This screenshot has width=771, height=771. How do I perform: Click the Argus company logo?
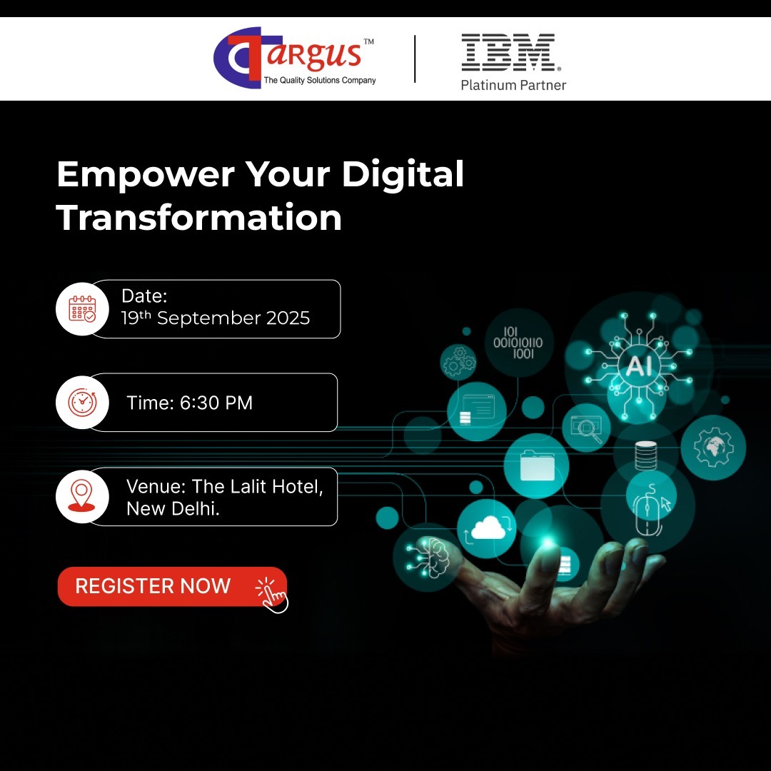click(x=295, y=58)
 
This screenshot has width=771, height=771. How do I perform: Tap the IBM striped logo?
click(x=510, y=52)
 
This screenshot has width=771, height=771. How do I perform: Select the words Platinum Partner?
click(x=513, y=85)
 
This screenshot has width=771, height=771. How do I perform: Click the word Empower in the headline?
click(x=146, y=175)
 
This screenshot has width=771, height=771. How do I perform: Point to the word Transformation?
click(x=199, y=217)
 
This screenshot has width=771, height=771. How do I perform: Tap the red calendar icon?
click(x=82, y=309)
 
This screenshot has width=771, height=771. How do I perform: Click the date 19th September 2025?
click(x=216, y=318)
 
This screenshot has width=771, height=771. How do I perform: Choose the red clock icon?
click(x=82, y=402)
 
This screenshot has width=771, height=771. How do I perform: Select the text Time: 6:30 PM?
click(x=189, y=403)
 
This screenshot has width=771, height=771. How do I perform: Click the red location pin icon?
click(x=81, y=495)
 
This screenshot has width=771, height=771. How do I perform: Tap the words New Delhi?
click(x=173, y=508)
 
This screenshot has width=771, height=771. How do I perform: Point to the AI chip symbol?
click(x=639, y=366)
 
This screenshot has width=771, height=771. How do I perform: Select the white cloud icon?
click(x=488, y=528)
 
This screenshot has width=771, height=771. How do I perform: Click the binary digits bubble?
click(x=518, y=343)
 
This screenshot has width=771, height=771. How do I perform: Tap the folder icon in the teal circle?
click(x=537, y=465)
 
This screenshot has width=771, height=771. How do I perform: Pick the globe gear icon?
click(x=713, y=446)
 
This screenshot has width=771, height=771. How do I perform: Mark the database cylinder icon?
click(x=645, y=455)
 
